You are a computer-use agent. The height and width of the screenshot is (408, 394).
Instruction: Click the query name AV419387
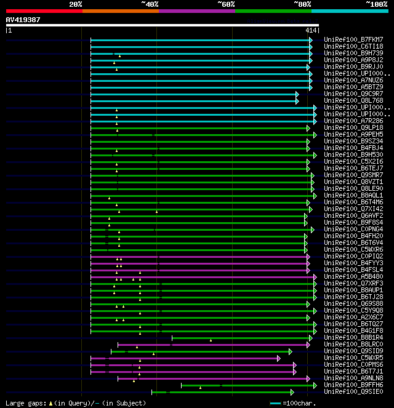[x=23, y=20]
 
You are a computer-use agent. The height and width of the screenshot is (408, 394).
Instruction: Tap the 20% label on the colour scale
[x=75, y=4]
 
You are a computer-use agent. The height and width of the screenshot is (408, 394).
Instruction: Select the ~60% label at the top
[x=226, y=4]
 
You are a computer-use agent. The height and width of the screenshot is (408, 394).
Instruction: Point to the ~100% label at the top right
[x=376, y=4]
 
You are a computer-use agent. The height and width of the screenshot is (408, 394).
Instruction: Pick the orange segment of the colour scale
[x=120, y=11]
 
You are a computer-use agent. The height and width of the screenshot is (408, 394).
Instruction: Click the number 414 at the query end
[x=311, y=30]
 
